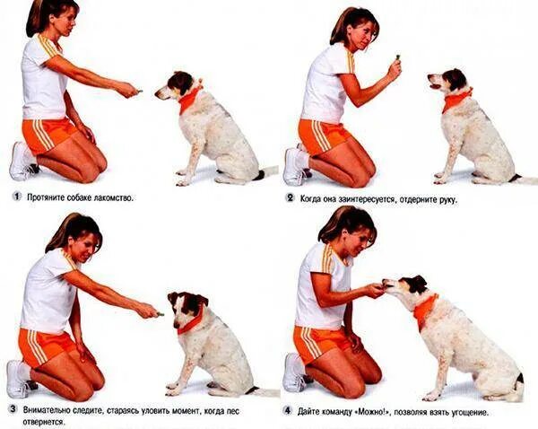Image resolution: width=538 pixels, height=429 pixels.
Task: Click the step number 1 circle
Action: [x=16, y=197]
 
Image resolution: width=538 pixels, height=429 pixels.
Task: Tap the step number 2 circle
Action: [x=291, y=198]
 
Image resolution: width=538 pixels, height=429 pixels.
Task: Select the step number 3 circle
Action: [x=13, y=409]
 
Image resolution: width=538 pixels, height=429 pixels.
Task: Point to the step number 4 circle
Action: [x=288, y=411]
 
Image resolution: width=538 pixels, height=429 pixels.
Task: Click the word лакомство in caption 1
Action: [x=113, y=197]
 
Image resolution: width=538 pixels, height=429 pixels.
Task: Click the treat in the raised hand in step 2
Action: [x=397, y=57]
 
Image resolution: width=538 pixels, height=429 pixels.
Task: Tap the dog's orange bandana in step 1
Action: [x=188, y=99]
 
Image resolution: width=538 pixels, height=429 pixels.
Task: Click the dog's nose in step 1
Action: [x=157, y=93]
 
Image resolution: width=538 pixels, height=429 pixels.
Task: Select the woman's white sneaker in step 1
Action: [x=21, y=162]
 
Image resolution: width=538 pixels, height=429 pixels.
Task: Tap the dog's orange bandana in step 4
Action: [x=425, y=309]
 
